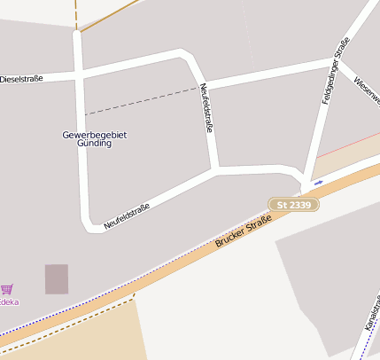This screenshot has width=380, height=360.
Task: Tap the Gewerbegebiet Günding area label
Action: pos(95,138)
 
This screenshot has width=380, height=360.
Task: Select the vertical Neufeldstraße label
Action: pos(207,109)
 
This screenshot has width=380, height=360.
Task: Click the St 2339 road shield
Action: pos(293,205)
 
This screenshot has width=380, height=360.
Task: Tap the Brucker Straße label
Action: pos(242,230)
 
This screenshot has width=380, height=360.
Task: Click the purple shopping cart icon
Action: pos(7,289)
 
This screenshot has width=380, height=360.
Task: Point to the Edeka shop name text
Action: pos(8,301)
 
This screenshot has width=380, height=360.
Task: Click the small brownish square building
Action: pos(57,279)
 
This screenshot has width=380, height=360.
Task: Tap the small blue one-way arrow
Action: pos(318,183)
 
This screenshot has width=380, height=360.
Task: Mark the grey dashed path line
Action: pos(142,101)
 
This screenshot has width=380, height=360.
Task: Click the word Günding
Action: pos(95,144)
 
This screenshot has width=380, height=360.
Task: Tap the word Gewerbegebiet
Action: pos(95,134)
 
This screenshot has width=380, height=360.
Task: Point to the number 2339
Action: pos(299,205)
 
